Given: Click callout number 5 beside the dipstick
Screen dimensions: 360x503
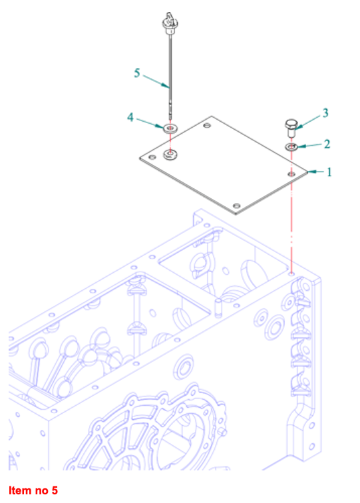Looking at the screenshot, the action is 137,73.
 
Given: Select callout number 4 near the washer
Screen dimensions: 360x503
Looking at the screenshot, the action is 130,117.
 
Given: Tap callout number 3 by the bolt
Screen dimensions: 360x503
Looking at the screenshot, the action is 325,113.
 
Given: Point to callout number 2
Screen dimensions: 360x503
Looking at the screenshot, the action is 327,144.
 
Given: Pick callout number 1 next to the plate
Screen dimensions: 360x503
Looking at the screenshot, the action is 329,172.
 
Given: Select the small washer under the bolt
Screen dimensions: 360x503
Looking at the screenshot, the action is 291,147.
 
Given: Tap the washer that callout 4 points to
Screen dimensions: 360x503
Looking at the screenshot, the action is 170,128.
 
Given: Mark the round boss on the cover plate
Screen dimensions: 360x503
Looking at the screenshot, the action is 170,154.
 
